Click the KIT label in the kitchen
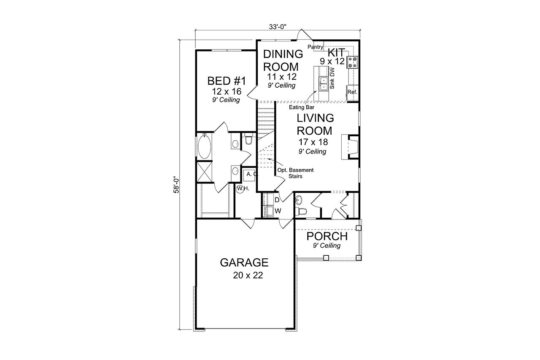tap(336, 52)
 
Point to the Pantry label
tap(315, 46)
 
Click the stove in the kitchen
tap(352, 62)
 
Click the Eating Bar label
tap(301, 107)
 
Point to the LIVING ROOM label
tap(315, 124)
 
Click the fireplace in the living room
tap(350, 146)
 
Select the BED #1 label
tap(226, 81)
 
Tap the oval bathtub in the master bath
tap(205, 146)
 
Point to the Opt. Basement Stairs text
tap(295, 173)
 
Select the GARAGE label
tap(244, 263)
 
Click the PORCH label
tap(327, 236)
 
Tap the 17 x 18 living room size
tap(313, 142)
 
